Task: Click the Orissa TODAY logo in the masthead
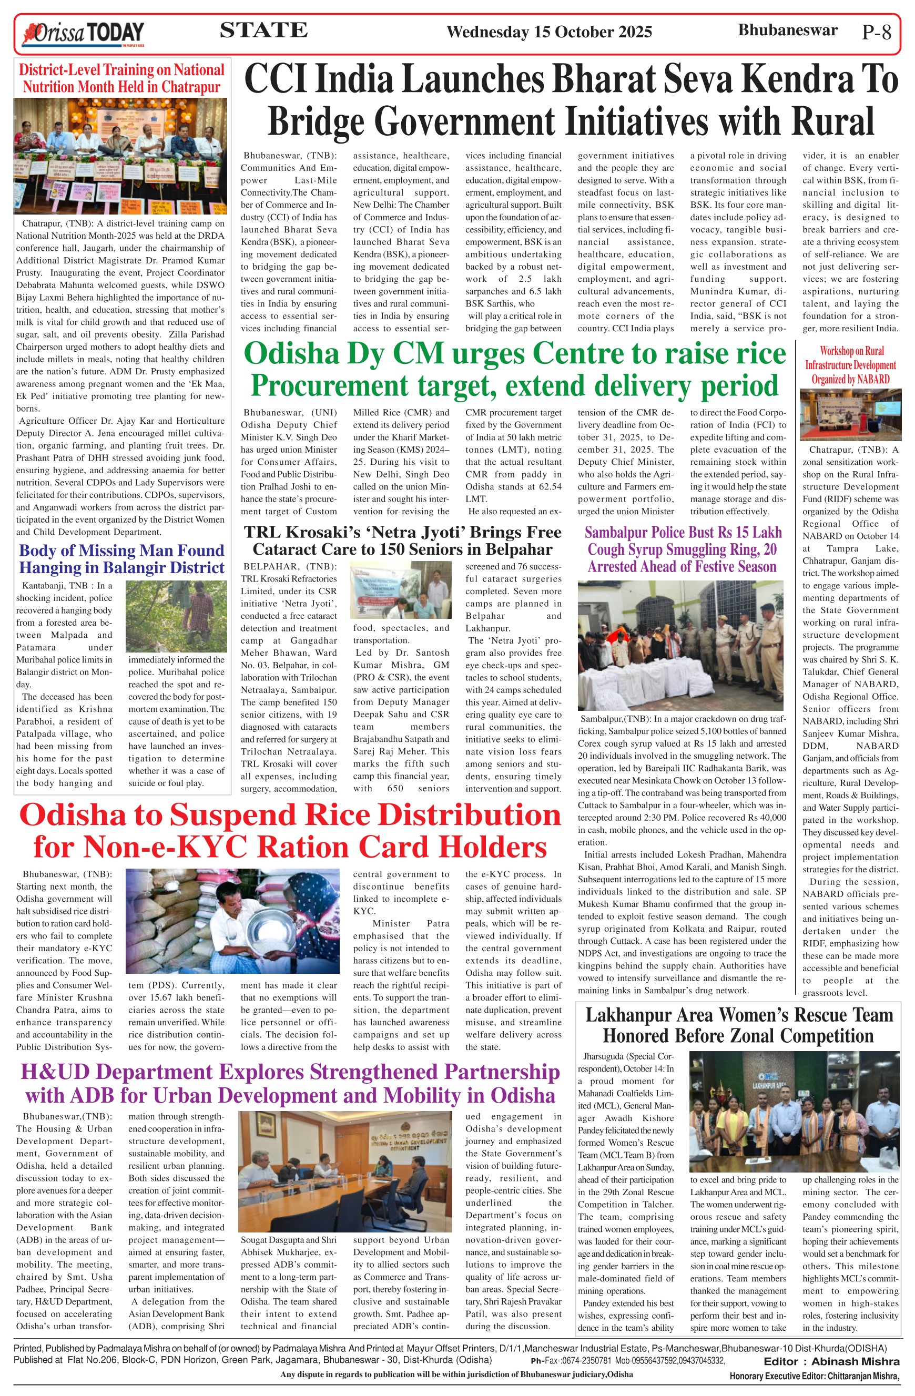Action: (x=83, y=34)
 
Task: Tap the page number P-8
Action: (x=876, y=32)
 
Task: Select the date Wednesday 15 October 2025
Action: (x=549, y=32)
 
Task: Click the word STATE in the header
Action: (x=263, y=30)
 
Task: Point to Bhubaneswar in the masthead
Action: (x=787, y=30)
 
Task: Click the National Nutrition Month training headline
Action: (x=121, y=78)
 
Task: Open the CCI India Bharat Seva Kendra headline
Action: (x=571, y=100)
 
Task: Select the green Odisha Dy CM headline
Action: (x=514, y=370)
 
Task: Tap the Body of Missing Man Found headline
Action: (x=121, y=559)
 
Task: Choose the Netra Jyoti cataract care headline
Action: (x=402, y=540)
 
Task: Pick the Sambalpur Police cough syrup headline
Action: (x=683, y=549)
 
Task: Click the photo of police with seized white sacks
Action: (x=680, y=645)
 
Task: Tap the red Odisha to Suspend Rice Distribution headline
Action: (x=290, y=831)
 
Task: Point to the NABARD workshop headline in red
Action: (x=850, y=365)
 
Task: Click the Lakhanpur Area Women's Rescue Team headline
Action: (x=738, y=1025)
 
